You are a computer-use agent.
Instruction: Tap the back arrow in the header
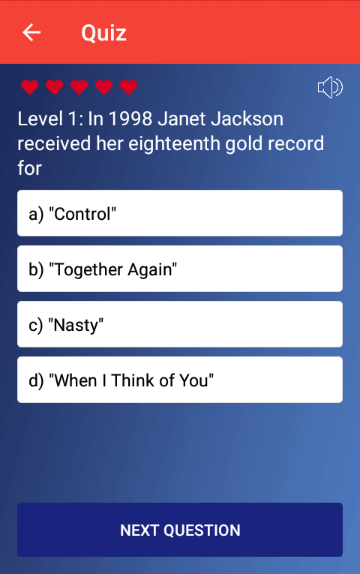31,32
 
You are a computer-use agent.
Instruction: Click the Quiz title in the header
104,33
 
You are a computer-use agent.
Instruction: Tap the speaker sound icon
330,87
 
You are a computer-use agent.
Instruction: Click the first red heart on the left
30,87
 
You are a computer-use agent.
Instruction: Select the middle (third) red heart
79,87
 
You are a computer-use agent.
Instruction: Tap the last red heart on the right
128,87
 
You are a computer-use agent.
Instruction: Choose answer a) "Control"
180,213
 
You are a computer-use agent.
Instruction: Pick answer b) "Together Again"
180,269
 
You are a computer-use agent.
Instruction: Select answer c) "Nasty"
180,324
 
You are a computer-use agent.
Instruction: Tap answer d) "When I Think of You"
180,380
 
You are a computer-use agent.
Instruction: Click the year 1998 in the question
130,119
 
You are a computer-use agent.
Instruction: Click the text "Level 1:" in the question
50,119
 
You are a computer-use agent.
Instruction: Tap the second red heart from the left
55,87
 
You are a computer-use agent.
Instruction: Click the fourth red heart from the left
104,87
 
